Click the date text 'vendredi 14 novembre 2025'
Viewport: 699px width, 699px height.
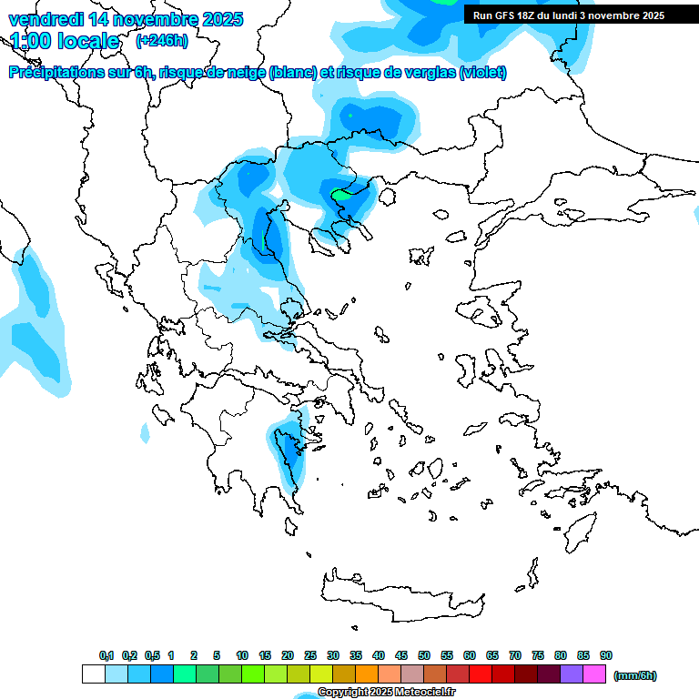[x=126, y=18]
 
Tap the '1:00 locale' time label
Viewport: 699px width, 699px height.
[x=65, y=41]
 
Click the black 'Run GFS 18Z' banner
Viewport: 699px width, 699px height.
[x=568, y=15]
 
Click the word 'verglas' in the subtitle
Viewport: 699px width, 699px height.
[x=430, y=73]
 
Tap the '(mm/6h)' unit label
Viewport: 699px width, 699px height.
[x=635, y=675]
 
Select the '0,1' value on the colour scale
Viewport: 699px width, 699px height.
[x=106, y=655]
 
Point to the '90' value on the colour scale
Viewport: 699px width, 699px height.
[x=606, y=655]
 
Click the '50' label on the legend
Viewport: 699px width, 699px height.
[x=424, y=655]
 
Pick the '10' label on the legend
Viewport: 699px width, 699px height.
[x=242, y=655]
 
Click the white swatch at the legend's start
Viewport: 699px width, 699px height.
[x=93, y=674]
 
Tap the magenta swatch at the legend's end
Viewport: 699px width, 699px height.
[x=594, y=674]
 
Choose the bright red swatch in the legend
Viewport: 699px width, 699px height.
[x=481, y=674]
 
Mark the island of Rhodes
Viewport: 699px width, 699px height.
[x=580, y=532]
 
